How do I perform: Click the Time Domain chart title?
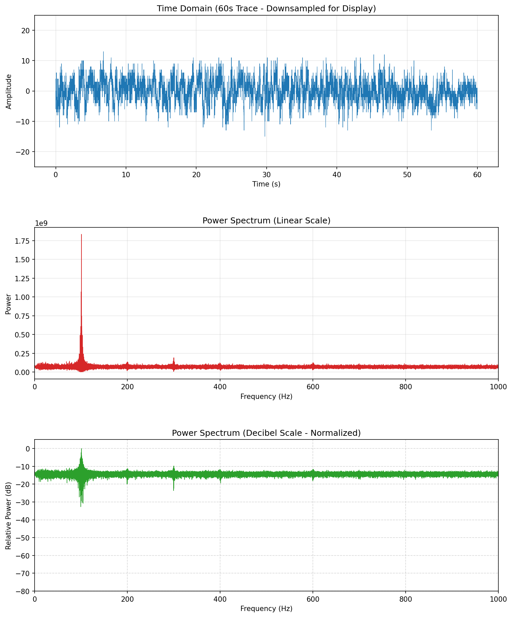tap(266, 9)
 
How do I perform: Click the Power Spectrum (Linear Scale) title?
tap(266, 221)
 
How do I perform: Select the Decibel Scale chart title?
tap(266, 433)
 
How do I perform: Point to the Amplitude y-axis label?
tap(9, 91)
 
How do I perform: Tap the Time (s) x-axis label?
tap(266, 184)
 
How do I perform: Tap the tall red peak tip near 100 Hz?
tap(81, 235)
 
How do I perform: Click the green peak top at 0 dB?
tap(81, 449)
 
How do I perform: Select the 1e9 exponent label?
tap(42, 223)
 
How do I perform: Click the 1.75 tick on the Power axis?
tap(24, 241)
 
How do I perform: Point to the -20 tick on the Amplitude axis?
tap(23, 152)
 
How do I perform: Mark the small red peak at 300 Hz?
tap(174, 358)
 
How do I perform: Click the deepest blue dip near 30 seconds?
tap(265, 136)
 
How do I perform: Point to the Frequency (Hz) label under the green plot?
tap(266, 608)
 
